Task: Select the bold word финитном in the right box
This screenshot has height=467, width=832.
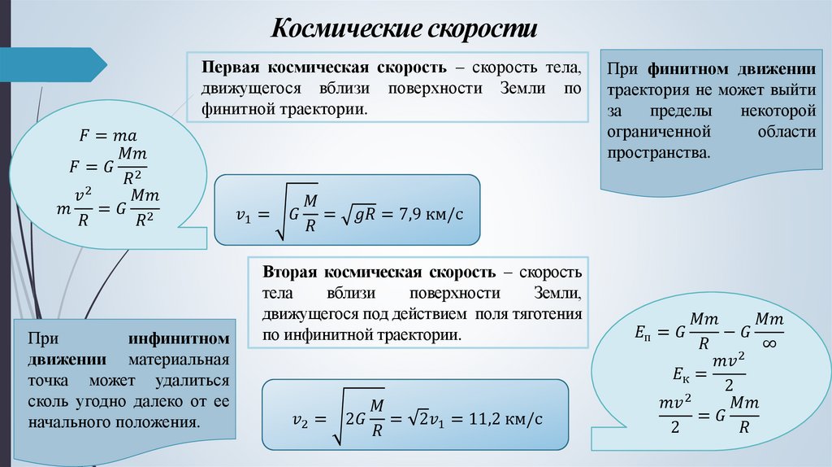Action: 682,68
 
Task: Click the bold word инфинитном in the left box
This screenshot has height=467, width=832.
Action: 178,338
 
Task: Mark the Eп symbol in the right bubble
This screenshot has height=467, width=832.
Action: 642,334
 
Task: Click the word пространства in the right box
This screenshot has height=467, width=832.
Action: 658,152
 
